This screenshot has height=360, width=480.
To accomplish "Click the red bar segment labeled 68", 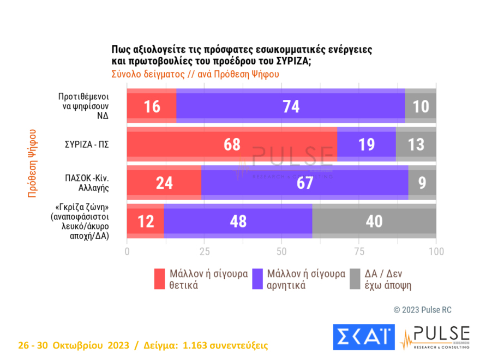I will (232, 145).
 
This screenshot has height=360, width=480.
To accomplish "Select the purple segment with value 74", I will (291, 106).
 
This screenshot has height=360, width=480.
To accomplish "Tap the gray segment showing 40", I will (374, 221).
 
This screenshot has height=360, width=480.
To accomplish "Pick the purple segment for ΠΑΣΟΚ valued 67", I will (304, 183).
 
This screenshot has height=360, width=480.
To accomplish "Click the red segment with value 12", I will (145, 221).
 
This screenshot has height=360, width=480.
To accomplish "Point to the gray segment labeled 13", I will (416, 145).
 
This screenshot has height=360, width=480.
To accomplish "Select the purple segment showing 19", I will (367, 145).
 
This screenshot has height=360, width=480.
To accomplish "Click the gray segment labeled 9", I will (422, 183).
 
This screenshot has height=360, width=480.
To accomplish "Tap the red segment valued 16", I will (152, 106).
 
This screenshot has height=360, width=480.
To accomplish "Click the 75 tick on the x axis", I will (359, 251).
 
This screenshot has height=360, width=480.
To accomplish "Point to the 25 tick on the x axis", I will (205, 251).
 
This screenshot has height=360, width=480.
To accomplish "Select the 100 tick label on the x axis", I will (436, 251).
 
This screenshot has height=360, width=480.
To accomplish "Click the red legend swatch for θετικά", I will (160, 279).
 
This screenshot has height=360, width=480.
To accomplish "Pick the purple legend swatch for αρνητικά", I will (256, 279).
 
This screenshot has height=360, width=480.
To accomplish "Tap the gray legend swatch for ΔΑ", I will (354, 279).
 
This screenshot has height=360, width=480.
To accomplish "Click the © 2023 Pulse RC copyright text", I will (422, 310).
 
